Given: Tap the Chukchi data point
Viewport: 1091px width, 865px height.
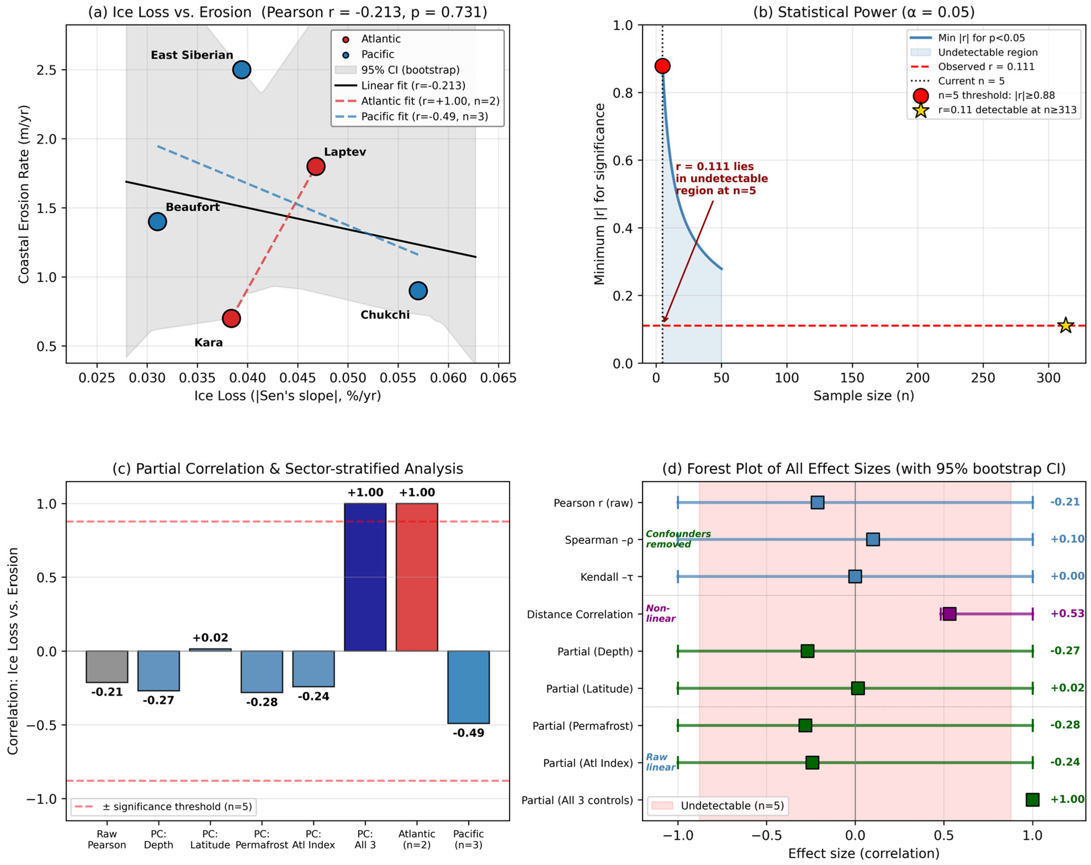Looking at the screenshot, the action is pyautogui.click(x=418, y=291).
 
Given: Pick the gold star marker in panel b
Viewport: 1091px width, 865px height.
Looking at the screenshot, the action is pyautogui.click(x=1066, y=325).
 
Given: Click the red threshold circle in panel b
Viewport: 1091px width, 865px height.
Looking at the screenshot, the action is pyautogui.click(x=662, y=66).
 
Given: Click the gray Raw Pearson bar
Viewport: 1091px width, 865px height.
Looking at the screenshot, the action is pyautogui.click(x=107, y=667).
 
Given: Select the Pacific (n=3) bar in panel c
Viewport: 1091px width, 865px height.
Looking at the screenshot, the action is pyautogui.click(x=469, y=687).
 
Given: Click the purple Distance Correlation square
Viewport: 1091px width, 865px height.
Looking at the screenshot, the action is pyautogui.click(x=949, y=614).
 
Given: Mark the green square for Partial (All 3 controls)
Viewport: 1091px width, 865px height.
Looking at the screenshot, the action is pyautogui.click(x=1032, y=799).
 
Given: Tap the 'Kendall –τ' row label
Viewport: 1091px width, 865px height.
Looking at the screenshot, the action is pyautogui.click(x=607, y=577).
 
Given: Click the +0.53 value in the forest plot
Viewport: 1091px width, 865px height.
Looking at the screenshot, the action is pyautogui.click(x=1067, y=614).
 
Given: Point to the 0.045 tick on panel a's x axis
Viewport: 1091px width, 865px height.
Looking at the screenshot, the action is pyautogui.click(x=298, y=378).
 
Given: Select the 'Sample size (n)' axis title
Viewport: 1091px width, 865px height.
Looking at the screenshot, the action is pyautogui.click(x=864, y=396).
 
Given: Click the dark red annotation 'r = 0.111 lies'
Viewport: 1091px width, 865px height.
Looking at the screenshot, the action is pyautogui.click(x=715, y=166).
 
